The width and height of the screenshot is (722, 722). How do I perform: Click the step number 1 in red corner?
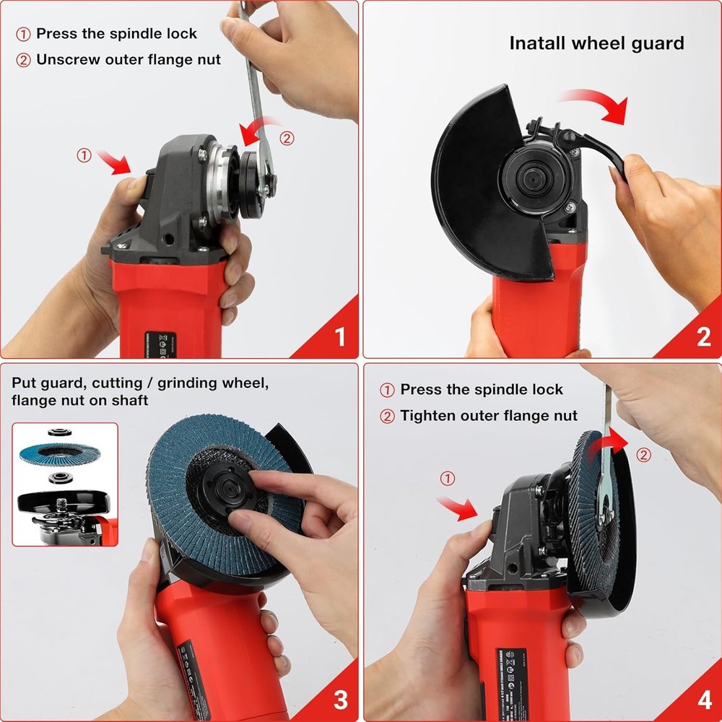click(340, 337)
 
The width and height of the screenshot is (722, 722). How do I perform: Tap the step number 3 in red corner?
click(340, 699)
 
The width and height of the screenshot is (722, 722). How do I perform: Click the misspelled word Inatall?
click(538, 43)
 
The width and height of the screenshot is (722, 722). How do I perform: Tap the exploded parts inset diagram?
click(65, 484)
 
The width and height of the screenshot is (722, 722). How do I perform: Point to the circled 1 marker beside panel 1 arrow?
click(84, 155)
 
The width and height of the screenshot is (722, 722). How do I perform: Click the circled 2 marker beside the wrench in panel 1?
click(287, 138)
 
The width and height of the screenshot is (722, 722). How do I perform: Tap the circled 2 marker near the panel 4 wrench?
click(644, 455)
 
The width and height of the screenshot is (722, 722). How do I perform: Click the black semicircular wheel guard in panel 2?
click(469, 188)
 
